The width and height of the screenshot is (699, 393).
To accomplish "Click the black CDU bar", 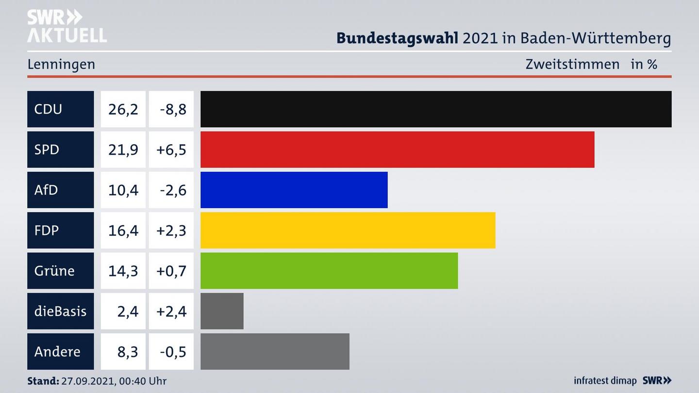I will point(436,109).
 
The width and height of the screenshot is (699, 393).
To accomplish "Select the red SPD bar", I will point(397,149).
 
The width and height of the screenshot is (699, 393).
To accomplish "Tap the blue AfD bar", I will point(294,190).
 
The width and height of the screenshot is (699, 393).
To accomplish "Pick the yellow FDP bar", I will point(348,230).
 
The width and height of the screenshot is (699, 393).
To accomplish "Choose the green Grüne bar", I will point(329,270).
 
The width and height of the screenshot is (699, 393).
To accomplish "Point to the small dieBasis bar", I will point(222,311).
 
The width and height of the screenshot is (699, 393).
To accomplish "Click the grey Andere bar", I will point(275,351).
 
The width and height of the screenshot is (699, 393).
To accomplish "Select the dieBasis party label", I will point(60,311).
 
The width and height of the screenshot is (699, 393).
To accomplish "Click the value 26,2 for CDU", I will point(123,109).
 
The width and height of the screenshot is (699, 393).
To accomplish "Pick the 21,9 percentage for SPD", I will point(123,149).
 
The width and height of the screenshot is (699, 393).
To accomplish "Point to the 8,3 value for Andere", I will point(128,351).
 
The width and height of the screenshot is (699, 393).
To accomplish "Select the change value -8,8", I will point(172,109).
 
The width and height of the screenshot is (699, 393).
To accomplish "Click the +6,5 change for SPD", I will point(171,149).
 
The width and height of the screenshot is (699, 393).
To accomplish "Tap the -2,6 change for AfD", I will point(172,190).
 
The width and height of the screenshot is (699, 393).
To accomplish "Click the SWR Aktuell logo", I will point(67,26).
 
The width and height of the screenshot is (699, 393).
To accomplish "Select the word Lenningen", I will point(61,65).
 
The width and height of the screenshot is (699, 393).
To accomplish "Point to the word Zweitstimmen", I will point(572,65).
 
